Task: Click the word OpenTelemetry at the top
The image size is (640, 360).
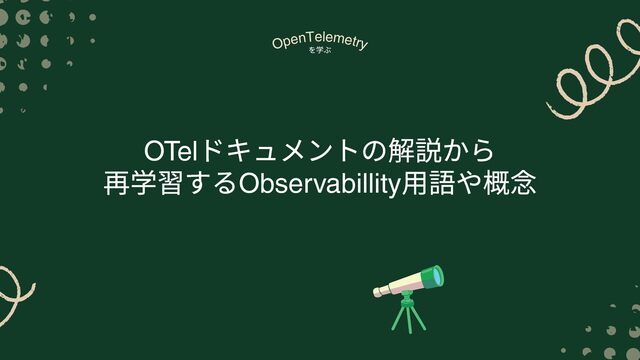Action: (320, 41)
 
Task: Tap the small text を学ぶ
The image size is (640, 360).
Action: (320, 50)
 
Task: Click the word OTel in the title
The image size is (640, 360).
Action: (171, 151)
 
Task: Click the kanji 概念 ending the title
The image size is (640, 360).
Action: (509, 184)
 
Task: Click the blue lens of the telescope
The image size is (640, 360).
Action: (438, 276)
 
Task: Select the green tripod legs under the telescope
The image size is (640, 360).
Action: (408, 313)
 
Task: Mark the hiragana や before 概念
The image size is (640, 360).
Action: (469, 184)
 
